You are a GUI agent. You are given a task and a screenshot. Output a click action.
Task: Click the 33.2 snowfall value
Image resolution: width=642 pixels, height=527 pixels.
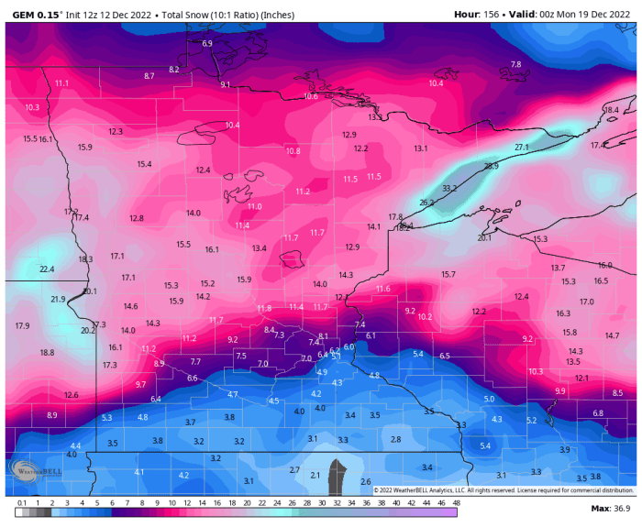click(x=448, y=188)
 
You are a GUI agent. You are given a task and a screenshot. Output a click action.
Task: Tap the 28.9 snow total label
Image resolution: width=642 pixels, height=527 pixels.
click(x=491, y=166)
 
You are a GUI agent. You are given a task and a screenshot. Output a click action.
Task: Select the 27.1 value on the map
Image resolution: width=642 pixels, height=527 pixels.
click(x=522, y=148)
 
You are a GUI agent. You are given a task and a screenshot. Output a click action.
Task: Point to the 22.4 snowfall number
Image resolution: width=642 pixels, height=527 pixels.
click(x=48, y=269)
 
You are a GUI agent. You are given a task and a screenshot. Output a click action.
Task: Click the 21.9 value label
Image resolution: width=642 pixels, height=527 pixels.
click(x=58, y=300)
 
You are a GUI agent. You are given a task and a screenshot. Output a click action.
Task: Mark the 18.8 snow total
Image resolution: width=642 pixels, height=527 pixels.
click(x=47, y=353)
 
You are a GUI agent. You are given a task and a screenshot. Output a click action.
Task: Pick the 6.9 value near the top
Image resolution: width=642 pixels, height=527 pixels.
click(x=207, y=44)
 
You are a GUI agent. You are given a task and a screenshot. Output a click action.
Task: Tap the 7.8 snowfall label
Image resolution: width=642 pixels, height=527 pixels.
click(x=515, y=64)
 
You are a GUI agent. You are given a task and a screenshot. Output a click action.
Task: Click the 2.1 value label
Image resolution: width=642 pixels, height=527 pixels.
click(x=315, y=475)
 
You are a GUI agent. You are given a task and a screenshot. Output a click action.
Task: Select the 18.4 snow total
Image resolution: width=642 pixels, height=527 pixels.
click(x=611, y=110)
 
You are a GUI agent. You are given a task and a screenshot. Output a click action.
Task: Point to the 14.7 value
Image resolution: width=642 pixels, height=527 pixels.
click(x=613, y=335)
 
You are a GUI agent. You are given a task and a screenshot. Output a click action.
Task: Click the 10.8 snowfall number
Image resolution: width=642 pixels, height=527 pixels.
click(x=293, y=151)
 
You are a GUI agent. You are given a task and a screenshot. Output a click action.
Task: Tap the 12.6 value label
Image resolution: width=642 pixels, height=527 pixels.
click(x=71, y=395)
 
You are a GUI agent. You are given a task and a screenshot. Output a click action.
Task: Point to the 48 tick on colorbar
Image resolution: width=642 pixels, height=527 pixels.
click(x=456, y=502)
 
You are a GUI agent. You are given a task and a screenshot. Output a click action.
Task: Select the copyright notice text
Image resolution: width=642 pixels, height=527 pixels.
click(x=504, y=490)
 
